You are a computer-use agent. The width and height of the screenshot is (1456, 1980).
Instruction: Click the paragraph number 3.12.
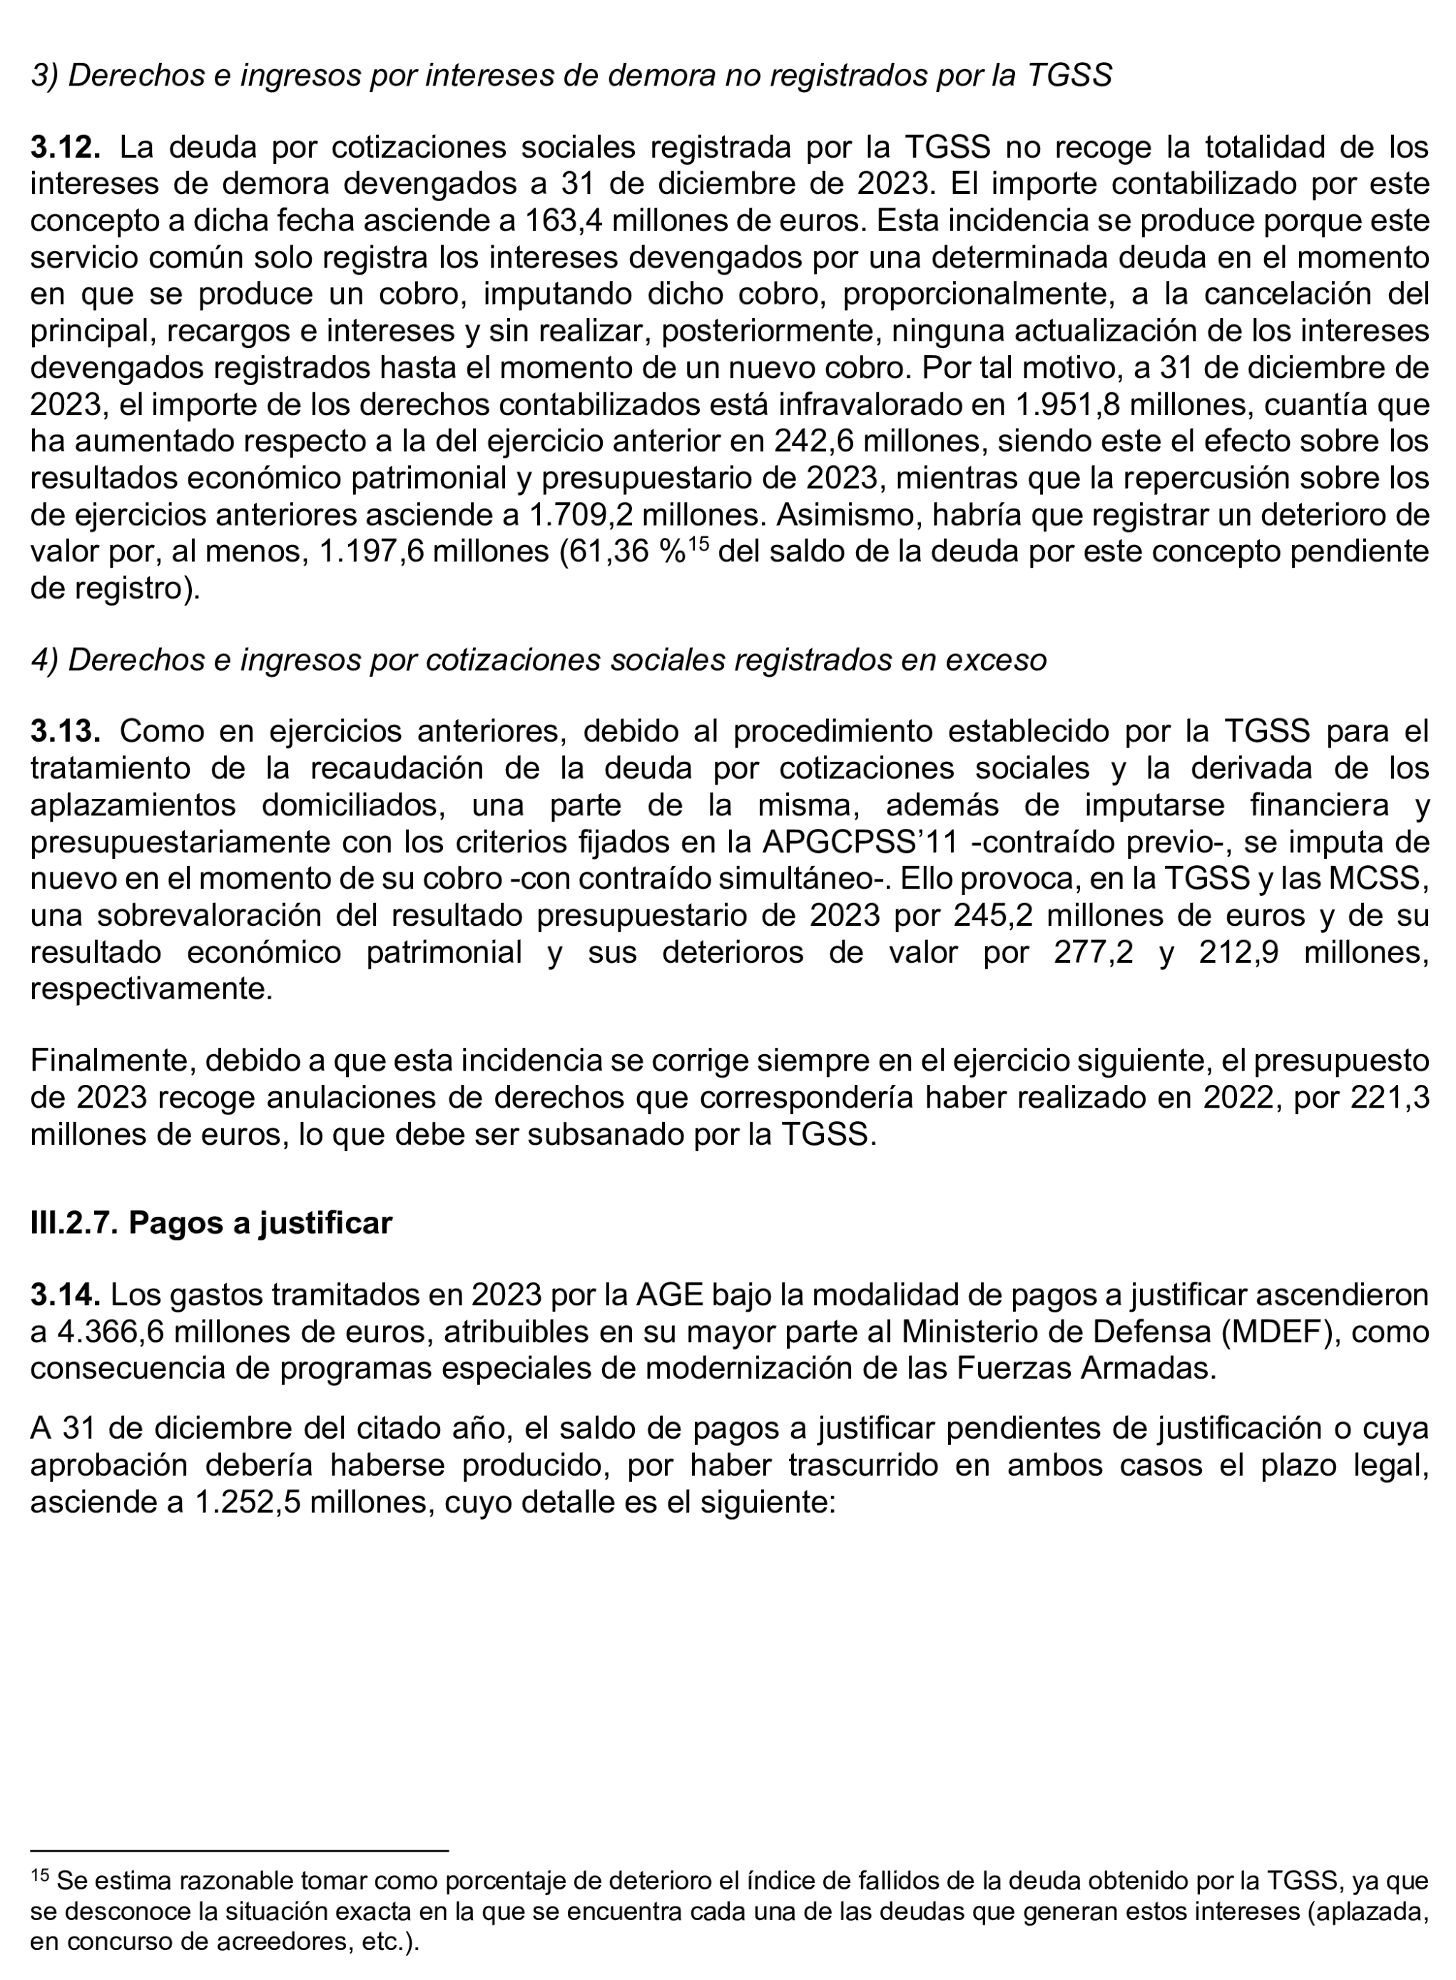tap(64, 147)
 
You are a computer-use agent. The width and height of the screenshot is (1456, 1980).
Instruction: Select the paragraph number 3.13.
tap(64, 731)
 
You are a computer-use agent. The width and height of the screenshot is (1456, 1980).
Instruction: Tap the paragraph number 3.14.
tap(64, 1295)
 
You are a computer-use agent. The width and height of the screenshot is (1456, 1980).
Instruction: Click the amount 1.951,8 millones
tap(1124, 405)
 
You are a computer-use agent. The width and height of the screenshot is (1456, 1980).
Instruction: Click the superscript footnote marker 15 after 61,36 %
tap(698, 544)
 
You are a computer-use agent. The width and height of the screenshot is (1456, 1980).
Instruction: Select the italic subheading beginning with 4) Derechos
tap(539, 659)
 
